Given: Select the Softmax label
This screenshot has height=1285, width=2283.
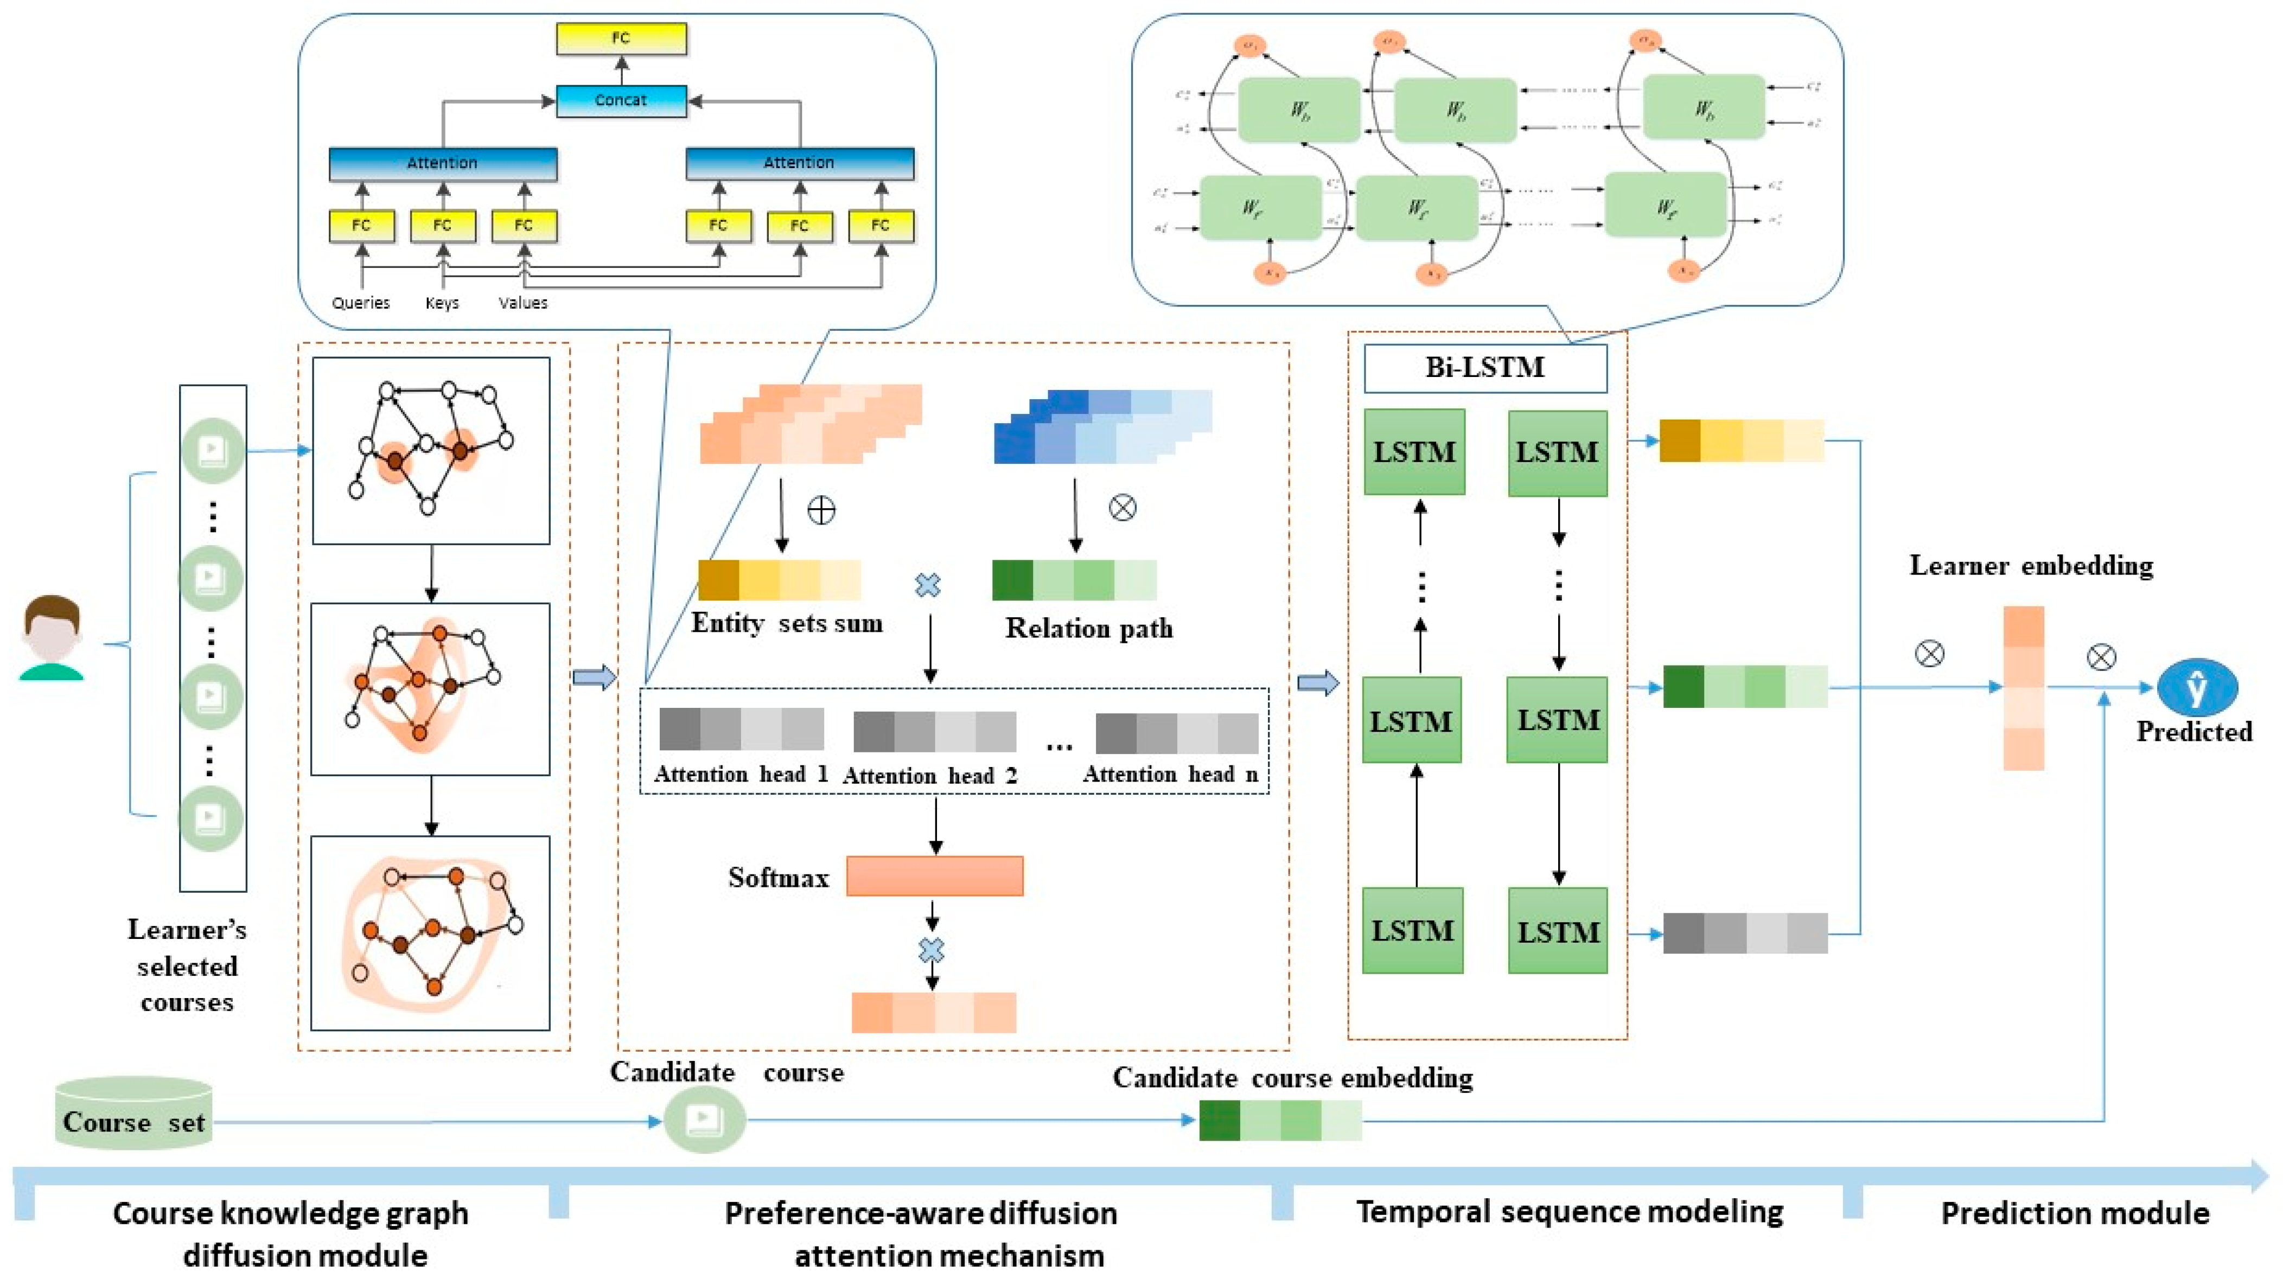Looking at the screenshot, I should point(778,877).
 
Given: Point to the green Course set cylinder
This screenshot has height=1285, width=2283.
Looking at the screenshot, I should point(134,1115).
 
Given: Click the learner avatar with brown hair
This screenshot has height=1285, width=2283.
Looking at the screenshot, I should point(52,638).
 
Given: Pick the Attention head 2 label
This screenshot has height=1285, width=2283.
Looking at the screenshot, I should point(930,776).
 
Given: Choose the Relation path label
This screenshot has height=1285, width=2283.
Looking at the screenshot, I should point(1088,628).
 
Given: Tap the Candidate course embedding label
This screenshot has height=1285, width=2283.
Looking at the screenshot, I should point(1292,1078).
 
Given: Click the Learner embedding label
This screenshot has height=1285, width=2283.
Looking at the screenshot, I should point(2030,565).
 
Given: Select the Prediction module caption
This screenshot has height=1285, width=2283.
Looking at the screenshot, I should point(2075,1213).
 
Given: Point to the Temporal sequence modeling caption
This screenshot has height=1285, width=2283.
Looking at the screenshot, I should point(1570,1211).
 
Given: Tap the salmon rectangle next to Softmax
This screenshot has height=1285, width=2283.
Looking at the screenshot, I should point(934,875).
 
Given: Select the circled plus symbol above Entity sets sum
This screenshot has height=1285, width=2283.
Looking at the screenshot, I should point(821,510).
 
